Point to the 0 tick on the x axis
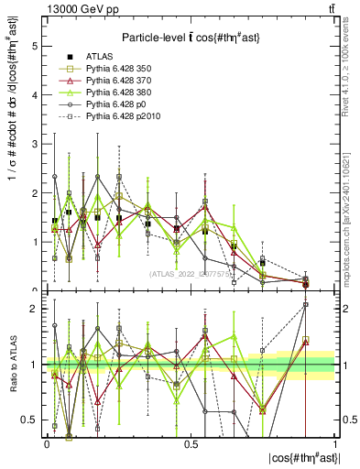tap(46, 444)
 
